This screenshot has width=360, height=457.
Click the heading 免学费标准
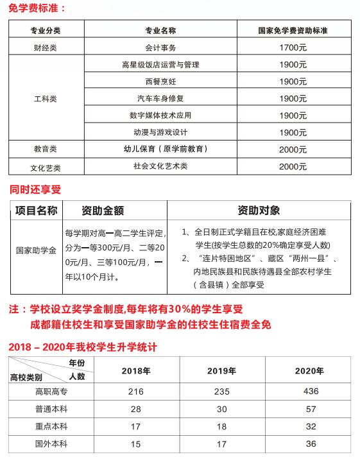37,8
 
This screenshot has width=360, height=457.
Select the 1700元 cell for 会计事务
293,47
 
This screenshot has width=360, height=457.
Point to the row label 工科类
45,99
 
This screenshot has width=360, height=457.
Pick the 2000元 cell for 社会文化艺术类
293,166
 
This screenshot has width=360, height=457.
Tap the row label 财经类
45,47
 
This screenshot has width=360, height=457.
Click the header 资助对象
258,211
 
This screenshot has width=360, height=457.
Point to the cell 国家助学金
36,251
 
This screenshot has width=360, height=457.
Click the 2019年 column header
223,371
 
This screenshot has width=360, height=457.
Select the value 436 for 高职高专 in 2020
309,392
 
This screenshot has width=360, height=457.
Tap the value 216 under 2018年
136,392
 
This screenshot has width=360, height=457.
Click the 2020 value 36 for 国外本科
309,444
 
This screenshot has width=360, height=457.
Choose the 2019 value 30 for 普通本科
223,409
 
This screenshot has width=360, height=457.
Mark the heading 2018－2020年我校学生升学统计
84,347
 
